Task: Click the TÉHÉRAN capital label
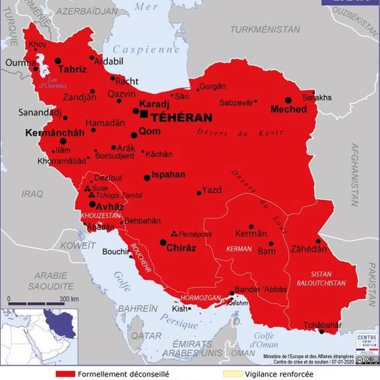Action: (182, 117)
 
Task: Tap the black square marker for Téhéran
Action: (144, 114)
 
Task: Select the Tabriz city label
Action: (72, 69)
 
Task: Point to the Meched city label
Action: (288, 109)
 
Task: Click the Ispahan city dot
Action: (147, 177)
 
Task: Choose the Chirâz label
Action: (181, 247)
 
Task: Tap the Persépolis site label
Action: (197, 234)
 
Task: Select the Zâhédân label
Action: (308, 249)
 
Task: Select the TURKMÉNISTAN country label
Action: (265, 30)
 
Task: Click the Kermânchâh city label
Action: (55, 133)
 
